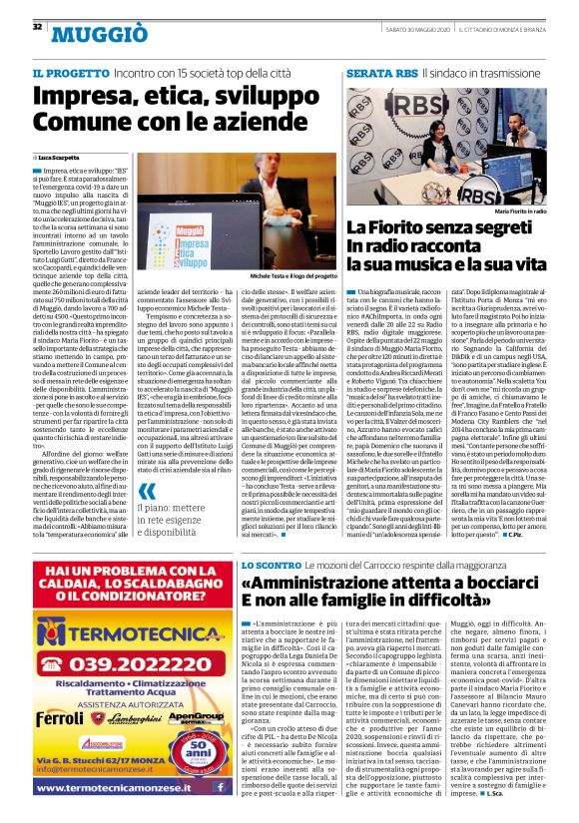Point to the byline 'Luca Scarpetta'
click(62, 158)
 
